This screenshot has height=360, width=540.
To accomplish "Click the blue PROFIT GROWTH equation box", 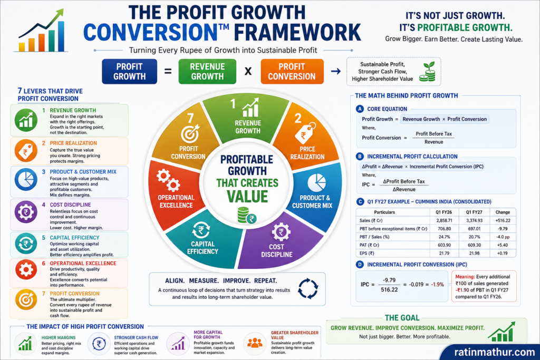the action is click(x=130, y=72).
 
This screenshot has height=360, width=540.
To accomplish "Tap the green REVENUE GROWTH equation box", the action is click(x=207, y=72).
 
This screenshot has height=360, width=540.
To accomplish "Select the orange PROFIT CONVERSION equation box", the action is click(x=292, y=72).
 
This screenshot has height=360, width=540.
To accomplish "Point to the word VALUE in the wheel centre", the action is click(x=247, y=197).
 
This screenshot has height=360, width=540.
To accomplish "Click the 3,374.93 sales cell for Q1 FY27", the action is click(x=474, y=220).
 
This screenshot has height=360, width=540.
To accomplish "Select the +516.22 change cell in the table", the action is click(x=503, y=220).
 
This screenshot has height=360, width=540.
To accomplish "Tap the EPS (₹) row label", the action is click(x=367, y=254).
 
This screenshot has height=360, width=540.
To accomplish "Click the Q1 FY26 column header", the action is click(x=444, y=212).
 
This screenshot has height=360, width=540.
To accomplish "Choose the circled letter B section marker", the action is click(x=360, y=156).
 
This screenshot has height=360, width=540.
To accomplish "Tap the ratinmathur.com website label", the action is click(x=495, y=352).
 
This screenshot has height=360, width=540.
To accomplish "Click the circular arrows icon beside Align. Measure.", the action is click(x=308, y=289).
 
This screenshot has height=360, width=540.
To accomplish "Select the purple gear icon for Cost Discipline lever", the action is click(x=26, y=212).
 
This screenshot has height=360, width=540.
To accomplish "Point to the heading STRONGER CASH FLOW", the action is click(x=136, y=338).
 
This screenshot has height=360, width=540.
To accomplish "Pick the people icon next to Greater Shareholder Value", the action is click(x=255, y=343).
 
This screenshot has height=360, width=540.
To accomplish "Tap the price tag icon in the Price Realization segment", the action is click(x=305, y=133).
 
